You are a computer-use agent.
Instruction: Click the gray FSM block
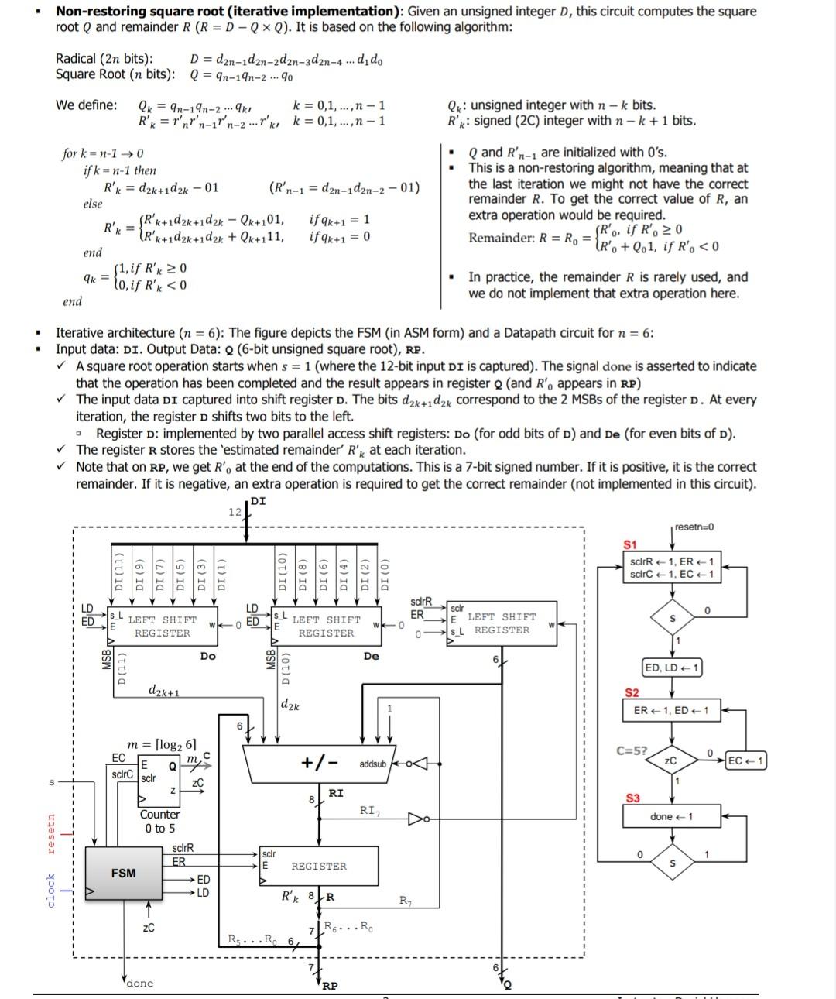(123, 873)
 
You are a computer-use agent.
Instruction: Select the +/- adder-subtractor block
(320, 763)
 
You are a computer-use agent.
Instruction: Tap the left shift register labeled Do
(162, 627)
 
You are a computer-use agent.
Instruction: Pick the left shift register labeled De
(326, 627)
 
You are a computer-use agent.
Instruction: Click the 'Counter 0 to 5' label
(159, 821)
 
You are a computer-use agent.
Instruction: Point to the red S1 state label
(631, 544)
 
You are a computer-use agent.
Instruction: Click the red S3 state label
(632, 798)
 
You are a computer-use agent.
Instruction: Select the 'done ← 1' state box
(671, 816)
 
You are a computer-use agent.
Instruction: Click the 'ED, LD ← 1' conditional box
(671, 668)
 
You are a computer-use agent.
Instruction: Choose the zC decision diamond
(671, 760)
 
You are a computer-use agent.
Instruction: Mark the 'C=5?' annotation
(632, 750)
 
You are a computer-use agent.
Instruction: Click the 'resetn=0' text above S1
(694, 527)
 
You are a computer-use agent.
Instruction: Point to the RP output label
(329, 986)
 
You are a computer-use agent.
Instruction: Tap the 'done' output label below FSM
(139, 983)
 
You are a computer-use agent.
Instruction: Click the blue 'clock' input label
(51, 891)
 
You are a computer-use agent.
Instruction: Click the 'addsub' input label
(372, 764)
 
